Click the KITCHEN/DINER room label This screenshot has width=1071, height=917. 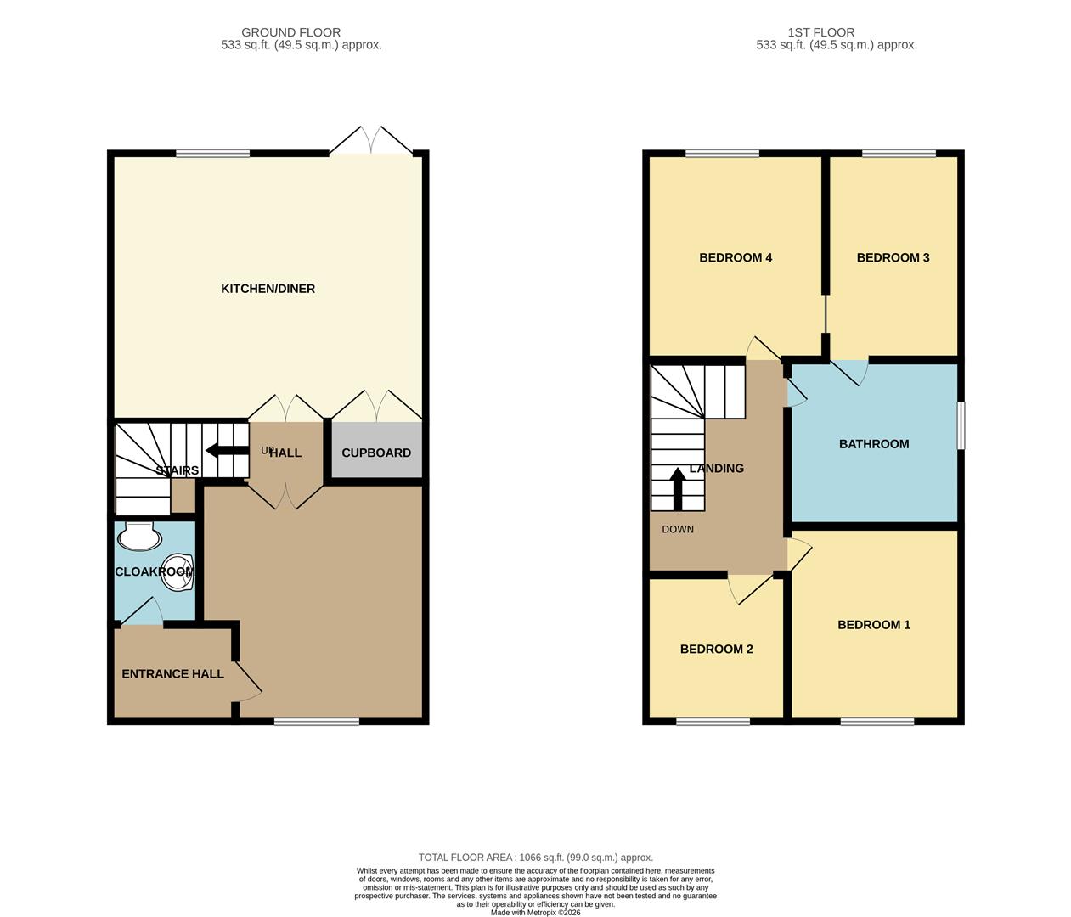click(x=268, y=289)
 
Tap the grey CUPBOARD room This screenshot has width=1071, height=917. click(x=376, y=452)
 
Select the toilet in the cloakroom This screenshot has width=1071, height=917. click(x=139, y=536)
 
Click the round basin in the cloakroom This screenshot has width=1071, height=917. click(x=178, y=571)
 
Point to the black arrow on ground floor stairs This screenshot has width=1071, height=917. click(x=223, y=452)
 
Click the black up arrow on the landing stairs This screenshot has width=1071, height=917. click(x=677, y=489)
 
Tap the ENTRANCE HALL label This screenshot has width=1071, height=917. click(x=172, y=673)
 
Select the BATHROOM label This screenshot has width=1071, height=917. click(x=873, y=444)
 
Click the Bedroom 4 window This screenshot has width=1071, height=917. click(x=722, y=154)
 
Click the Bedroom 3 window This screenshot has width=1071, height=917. click(x=899, y=154)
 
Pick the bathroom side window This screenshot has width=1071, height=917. click(x=961, y=425)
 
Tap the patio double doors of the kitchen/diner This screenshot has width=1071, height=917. click(x=371, y=141)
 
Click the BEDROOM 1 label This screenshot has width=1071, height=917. click(x=873, y=625)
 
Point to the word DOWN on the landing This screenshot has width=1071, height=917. click(x=678, y=529)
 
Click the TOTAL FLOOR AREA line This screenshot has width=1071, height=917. click(x=535, y=858)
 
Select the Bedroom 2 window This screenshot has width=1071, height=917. click(x=713, y=722)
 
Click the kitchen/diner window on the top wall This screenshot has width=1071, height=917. click(x=212, y=154)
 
